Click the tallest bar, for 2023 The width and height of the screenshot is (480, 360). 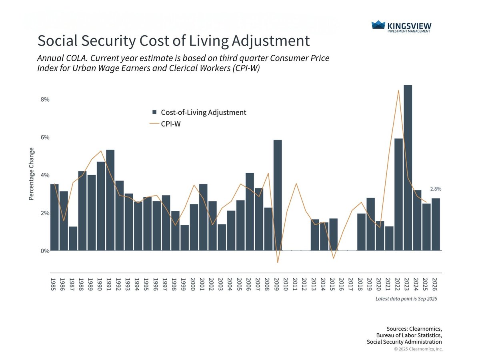click(x=408, y=168)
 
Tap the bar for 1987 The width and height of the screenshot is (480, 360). click(x=73, y=238)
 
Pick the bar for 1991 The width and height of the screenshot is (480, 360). click(x=110, y=200)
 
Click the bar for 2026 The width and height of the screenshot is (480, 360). click(x=436, y=224)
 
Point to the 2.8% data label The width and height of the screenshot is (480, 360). click(x=436, y=189)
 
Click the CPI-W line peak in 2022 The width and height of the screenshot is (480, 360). click(x=398, y=91)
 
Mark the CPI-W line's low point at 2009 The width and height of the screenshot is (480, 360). click(x=278, y=262)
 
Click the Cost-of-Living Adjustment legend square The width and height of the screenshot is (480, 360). click(x=154, y=112)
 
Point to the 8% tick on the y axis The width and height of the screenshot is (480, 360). click(x=44, y=100)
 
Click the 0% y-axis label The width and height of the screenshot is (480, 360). click(x=44, y=251)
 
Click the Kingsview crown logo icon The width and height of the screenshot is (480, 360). click(x=378, y=25)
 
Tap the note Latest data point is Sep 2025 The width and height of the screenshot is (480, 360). click(x=406, y=299)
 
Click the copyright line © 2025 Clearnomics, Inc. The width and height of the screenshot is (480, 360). click(x=418, y=349)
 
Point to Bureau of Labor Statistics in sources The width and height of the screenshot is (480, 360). click(x=409, y=335)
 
